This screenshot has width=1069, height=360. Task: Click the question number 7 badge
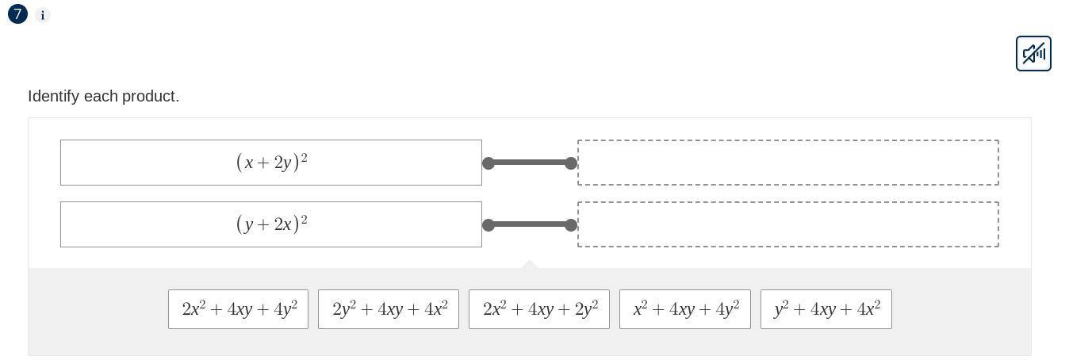(17, 14)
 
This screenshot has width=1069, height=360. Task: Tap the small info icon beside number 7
(43, 15)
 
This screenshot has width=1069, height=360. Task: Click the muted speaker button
(1033, 53)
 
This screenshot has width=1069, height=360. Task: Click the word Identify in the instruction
(53, 96)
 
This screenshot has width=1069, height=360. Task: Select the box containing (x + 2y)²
(271, 163)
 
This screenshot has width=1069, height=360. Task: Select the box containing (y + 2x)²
(271, 224)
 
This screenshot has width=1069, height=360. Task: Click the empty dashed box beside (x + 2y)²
(787, 163)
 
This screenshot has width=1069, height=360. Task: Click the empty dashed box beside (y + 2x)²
(787, 224)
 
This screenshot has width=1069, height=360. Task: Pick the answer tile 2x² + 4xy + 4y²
(238, 309)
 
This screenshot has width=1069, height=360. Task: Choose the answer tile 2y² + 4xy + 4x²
(389, 309)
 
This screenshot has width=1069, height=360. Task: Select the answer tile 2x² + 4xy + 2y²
(539, 309)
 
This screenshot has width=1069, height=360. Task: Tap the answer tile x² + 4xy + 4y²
(685, 309)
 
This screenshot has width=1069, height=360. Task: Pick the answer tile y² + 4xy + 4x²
(826, 309)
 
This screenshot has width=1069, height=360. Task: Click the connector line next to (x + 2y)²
(530, 163)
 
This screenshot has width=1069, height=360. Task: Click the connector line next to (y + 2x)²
(530, 224)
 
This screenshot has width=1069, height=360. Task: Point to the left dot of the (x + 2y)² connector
(489, 163)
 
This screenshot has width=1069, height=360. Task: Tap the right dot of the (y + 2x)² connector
(571, 225)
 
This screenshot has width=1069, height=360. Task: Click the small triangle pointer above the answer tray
(530, 264)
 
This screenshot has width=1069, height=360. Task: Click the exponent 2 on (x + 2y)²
(305, 157)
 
